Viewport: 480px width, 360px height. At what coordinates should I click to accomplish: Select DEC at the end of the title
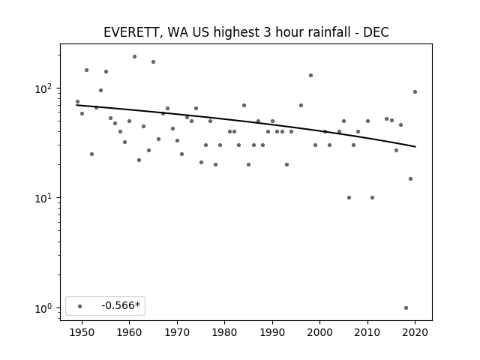tap(376, 32)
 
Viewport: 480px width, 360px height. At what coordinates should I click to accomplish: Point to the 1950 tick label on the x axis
tap(82, 332)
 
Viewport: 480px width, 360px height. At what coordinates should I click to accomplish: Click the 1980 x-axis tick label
tap(224, 332)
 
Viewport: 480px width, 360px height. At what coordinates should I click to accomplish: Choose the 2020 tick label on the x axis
tap(415, 332)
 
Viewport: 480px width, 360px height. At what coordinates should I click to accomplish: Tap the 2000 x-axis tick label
tap(320, 332)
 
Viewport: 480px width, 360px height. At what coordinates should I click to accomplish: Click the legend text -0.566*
tap(121, 305)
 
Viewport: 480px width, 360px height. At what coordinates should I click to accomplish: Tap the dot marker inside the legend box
tap(79, 306)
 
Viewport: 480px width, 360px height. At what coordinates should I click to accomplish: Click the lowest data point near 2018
tap(406, 308)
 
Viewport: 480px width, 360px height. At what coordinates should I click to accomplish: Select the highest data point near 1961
tap(134, 57)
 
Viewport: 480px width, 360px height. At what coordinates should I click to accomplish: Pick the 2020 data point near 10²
tap(415, 91)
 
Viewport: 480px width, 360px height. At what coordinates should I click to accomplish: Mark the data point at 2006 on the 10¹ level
tap(349, 198)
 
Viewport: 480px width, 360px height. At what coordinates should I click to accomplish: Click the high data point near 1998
tap(310, 75)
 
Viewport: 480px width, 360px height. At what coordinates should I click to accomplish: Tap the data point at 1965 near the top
tap(153, 61)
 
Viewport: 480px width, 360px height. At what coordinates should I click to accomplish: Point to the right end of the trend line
tap(415, 147)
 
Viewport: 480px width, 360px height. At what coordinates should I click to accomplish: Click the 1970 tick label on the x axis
tap(177, 332)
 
